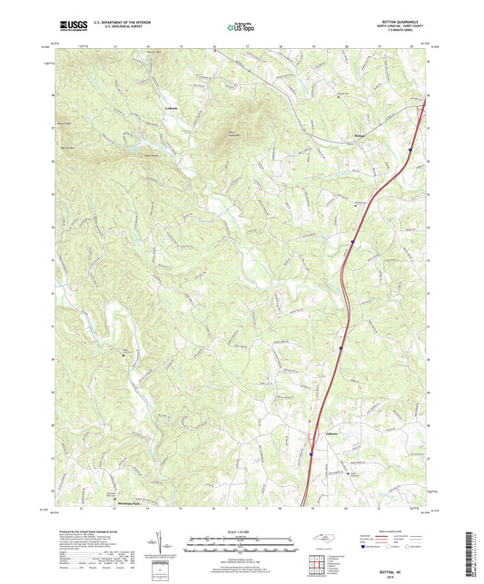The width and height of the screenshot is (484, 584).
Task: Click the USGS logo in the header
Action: [70, 28]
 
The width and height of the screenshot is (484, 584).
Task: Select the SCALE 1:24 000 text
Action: [241, 530]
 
